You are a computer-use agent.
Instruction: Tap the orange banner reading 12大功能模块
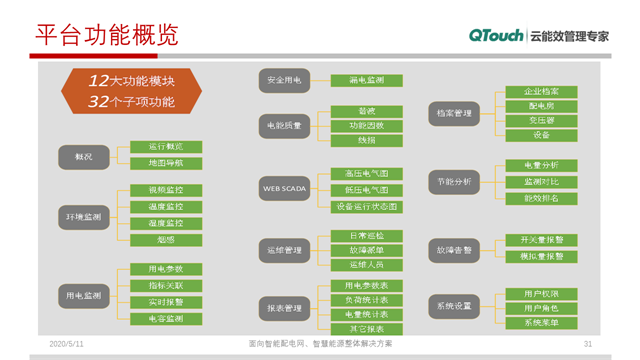pos(131,81)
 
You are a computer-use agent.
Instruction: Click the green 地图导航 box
pos(166,163)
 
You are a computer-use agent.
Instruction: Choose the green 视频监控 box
pos(166,190)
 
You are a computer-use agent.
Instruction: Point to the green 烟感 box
pos(166,240)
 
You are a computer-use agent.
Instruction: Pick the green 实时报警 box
pos(166,302)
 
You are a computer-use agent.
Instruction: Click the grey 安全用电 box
pos(284,80)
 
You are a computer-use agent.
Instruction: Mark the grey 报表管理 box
pos(284,309)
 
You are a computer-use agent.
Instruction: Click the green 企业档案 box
pos(541,91)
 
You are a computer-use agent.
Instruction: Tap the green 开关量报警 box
pos(541,240)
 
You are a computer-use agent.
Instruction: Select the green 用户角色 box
pos(541,308)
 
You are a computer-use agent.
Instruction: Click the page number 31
pos(588,344)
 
